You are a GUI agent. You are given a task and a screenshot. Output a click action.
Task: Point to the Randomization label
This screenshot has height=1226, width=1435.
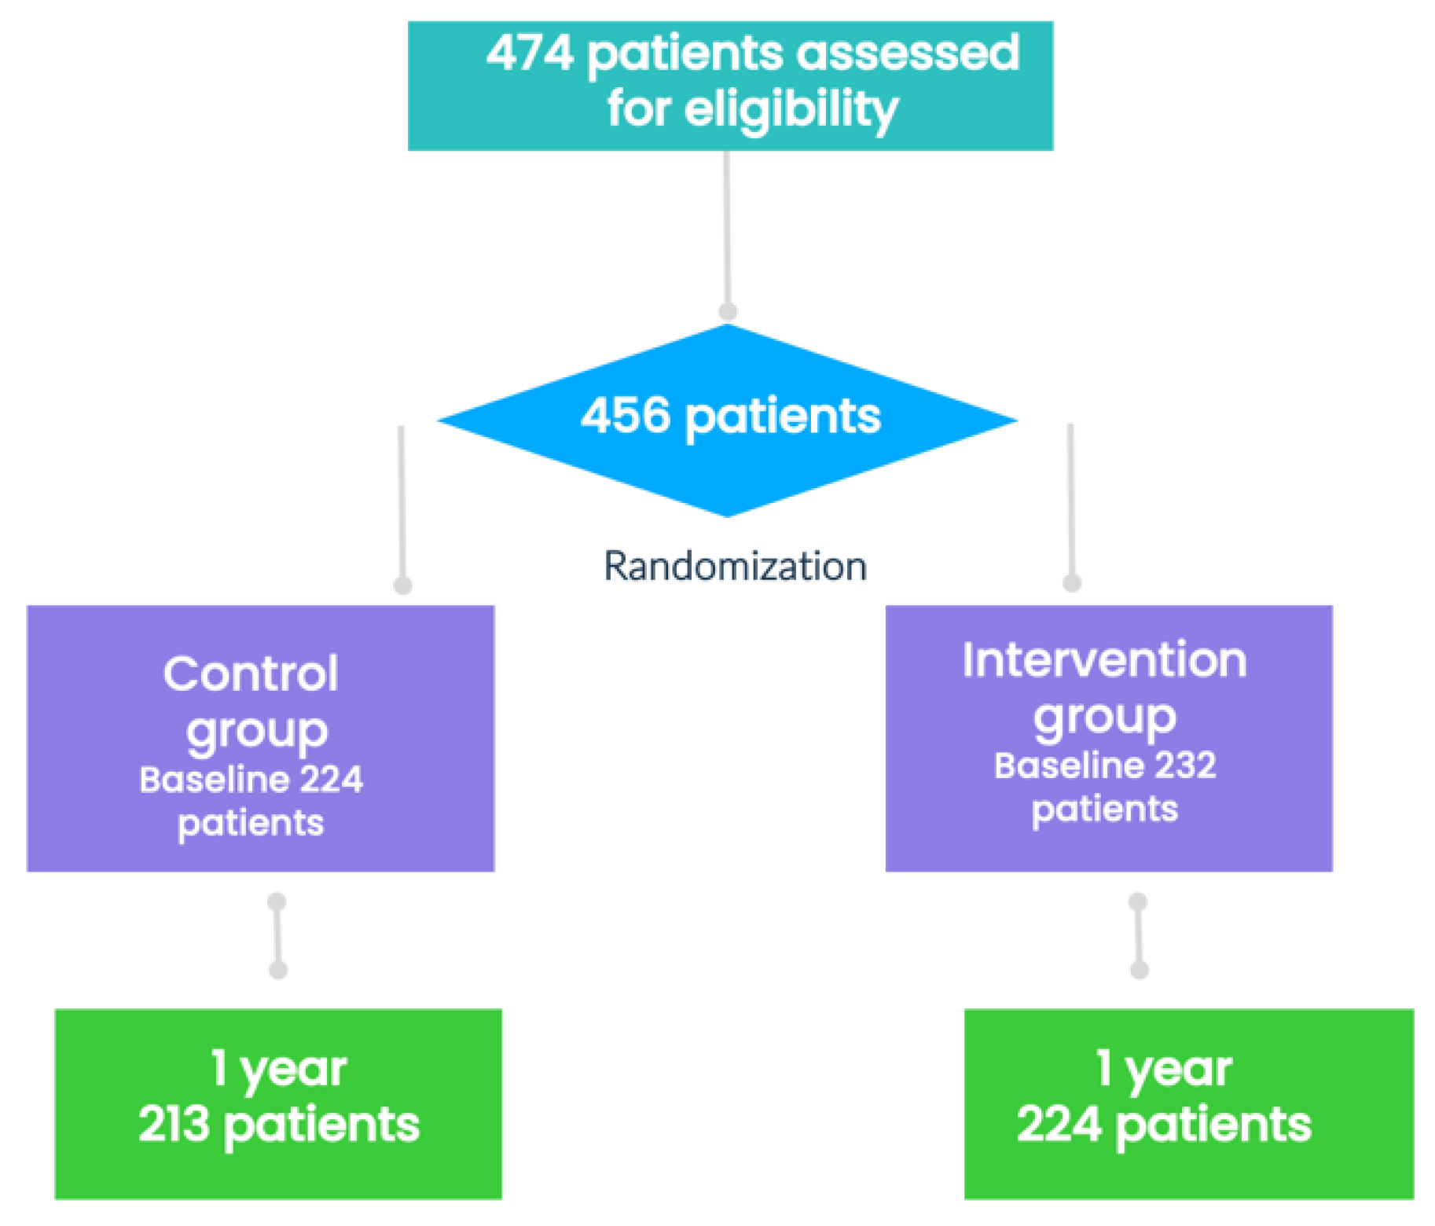pyautogui.click(x=735, y=566)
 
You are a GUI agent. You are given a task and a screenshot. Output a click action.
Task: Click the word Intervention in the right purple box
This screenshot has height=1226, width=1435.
pyautogui.click(x=1104, y=659)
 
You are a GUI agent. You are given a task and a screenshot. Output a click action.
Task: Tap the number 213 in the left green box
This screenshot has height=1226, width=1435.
pyautogui.click(x=174, y=1124)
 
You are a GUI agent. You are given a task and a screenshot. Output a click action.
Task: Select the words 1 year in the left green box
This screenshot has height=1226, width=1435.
pyautogui.click(x=278, y=1069)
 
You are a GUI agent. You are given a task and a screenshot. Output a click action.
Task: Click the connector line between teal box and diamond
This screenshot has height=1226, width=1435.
pyautogui.click(x=727, y=228)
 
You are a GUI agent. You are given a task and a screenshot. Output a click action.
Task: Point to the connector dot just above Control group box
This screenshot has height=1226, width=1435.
pyautogui.click(x=402, y=585)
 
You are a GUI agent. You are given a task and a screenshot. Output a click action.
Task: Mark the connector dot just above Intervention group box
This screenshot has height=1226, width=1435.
pyautogui.click(x=1072, y=583)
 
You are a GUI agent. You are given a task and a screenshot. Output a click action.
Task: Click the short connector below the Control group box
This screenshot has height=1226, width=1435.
pyautogui.click(x=277, y=935)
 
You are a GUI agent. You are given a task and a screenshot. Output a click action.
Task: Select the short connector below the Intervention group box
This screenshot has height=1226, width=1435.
pyautogui.click(x=1139, y=935)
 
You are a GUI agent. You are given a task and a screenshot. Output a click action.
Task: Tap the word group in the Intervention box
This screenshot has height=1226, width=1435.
pyautogui.click(x=1104, y=717)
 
